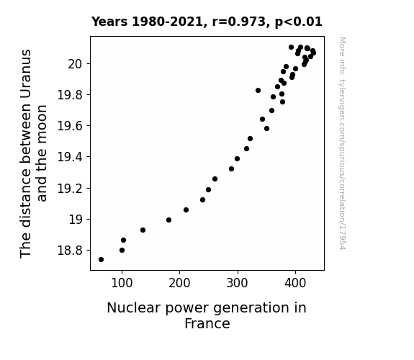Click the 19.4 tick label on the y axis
pos(71,157)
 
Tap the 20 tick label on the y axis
pos(76,64)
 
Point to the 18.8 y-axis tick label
pos(71,251)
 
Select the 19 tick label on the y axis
pos(76,220)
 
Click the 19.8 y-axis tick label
pos(71,95)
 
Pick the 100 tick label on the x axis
pos(122,283)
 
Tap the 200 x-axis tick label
pos(179,283)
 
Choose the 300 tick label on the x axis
pos(238,283)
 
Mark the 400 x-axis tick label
pos(295,283)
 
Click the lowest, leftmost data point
pos(101,260)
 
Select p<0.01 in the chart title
pos(299,22)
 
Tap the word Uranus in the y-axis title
pos(26,75)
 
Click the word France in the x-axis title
pos(207,324)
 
